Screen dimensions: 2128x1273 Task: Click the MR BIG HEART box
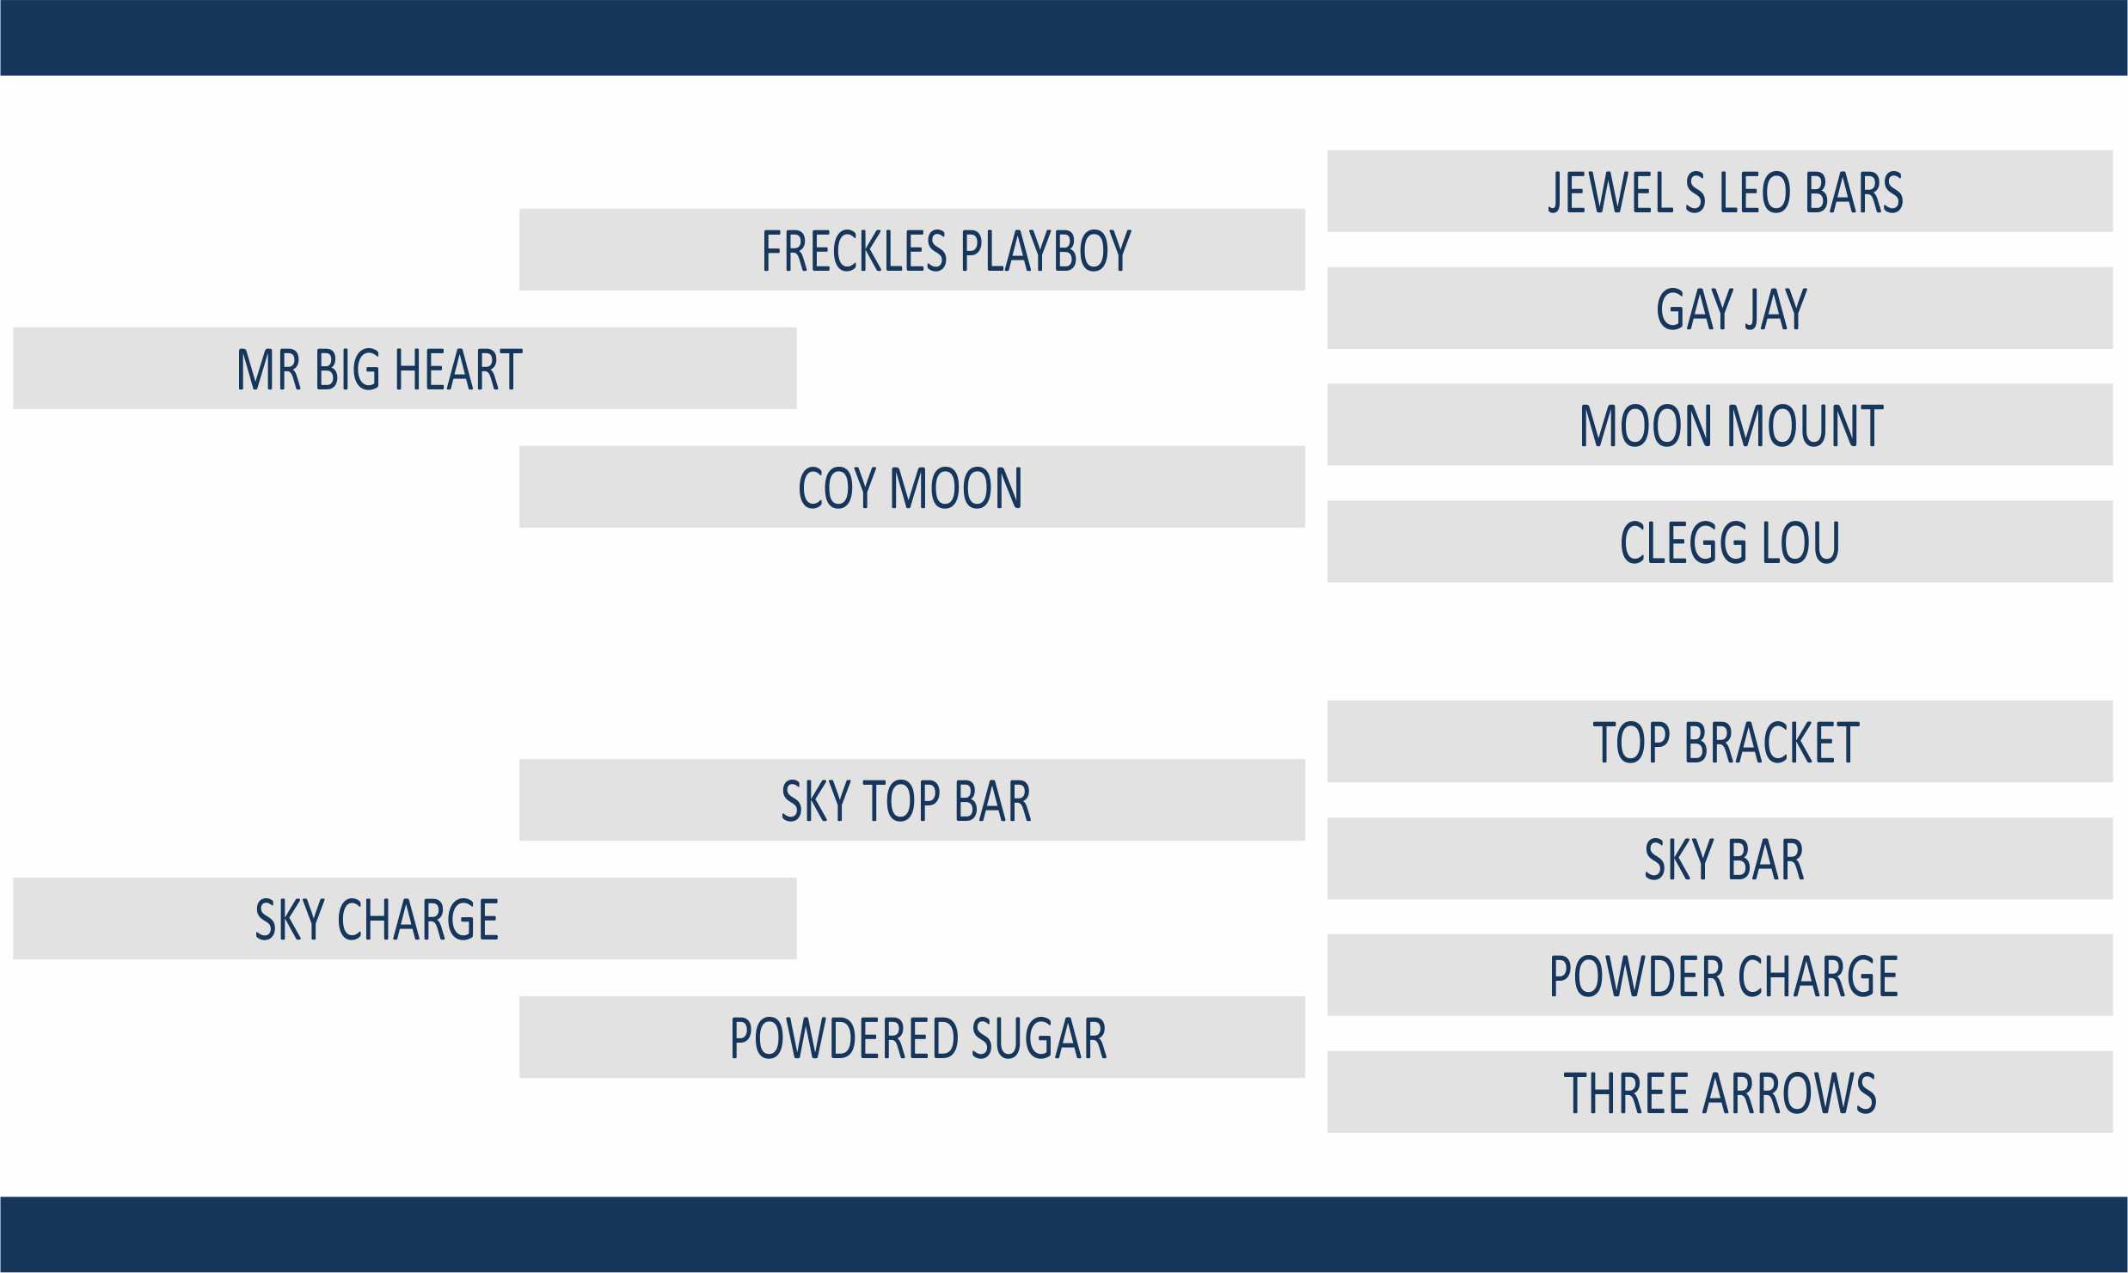(405, 368)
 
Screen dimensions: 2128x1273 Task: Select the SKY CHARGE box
(405, 918)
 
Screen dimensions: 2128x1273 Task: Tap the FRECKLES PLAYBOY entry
(912, 249)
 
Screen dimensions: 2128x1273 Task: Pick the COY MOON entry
(912, 487)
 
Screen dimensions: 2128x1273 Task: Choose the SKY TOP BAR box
(912, 799)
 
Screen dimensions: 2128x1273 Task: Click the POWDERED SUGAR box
(912, 1037)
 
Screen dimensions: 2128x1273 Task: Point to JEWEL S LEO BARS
(1720, 191)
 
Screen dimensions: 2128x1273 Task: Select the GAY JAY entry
(1720, 308)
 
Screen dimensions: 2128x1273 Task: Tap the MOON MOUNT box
(1720, 425)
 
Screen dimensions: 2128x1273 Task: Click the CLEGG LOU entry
(1720, 542)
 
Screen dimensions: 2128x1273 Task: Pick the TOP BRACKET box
(1720, 741)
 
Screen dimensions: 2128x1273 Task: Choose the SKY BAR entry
(1720, 858)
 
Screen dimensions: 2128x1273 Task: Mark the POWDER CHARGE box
(1720, 975)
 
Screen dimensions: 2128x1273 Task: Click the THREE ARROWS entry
(1720, 1092)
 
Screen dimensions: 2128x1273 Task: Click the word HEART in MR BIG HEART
(458, 370)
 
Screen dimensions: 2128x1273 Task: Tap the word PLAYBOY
(1046, 251)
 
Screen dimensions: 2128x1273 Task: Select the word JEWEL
(1610, 192)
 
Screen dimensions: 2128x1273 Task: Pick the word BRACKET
(1771, 743)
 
